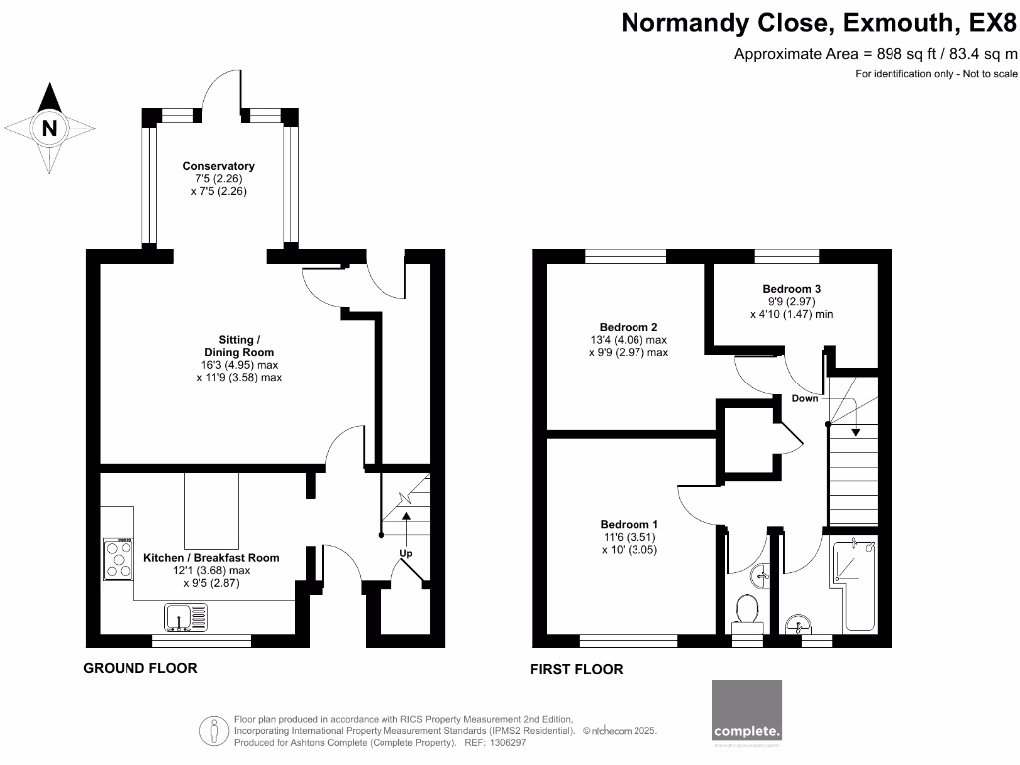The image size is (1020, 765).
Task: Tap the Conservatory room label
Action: (x=218, y=166)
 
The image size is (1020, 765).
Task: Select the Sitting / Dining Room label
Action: (x=238, y=346)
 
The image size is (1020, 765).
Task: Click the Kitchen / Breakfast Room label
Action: (x=211, y=558)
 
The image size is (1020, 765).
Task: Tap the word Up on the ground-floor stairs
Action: (x=406, y=553)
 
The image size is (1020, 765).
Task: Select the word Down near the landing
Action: (x=805, y=398)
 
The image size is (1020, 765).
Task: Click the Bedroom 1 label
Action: (x=629, y=525)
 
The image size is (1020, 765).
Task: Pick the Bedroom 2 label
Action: (x=629, y=327)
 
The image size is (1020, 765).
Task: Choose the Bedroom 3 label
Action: (x=791, y=289)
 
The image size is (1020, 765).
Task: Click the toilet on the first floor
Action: (x=746, y=611)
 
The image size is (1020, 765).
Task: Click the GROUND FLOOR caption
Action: (x=139, y=668)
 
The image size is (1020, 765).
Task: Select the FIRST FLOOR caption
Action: (x=577, y=670)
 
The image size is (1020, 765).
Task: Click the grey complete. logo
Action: (x=747, y=711)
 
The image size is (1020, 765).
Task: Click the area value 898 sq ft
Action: (x=907, y=54)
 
